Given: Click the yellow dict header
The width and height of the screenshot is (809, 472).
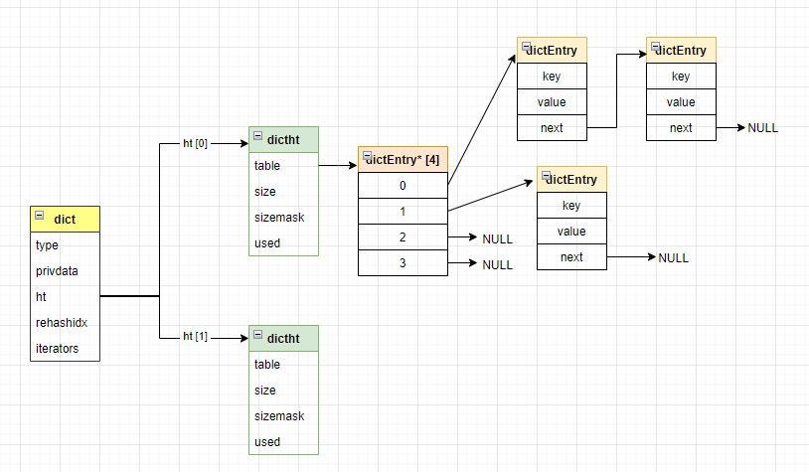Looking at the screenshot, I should [x=65, y=219].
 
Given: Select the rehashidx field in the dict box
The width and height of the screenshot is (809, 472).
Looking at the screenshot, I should [x=58, y=323].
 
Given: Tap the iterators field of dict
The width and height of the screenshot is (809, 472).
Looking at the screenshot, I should [x=57, y=349].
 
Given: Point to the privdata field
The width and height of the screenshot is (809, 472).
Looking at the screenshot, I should [x=57, y=271].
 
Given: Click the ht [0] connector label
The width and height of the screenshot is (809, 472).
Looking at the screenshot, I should [x=196, y=143].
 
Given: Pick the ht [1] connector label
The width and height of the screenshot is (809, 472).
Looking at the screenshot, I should [x=196, y=338].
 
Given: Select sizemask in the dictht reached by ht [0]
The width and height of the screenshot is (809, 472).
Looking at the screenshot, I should [x=279, y=218].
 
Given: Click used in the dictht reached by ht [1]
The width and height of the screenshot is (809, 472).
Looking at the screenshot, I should [x=267, y=442].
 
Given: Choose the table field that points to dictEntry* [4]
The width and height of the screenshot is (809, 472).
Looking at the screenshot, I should [x=267, y=166].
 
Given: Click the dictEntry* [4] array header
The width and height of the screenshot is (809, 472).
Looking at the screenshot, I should [x=403, y=159].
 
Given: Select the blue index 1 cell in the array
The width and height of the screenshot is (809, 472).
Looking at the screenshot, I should [x=403, y=212].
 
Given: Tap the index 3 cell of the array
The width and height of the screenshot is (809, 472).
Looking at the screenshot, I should [x=403, y=263].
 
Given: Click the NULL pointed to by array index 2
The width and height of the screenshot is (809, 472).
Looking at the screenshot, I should [x=497, y=238].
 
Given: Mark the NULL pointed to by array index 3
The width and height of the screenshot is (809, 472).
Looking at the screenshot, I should [x=497, y=265].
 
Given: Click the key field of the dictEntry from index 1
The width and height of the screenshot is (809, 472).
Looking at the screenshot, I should [x=571, y=206].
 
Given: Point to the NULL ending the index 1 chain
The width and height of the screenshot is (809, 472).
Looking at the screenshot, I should [x=673, y=257].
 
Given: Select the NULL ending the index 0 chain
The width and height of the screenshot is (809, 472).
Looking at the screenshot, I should [x=762, y=128].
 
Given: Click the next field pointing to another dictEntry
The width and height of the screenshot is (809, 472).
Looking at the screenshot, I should [x=552, y=128].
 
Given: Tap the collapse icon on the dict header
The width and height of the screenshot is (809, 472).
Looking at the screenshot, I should [x=40, y=215].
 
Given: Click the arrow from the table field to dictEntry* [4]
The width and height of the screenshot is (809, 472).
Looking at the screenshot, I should [x=337, y=166].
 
